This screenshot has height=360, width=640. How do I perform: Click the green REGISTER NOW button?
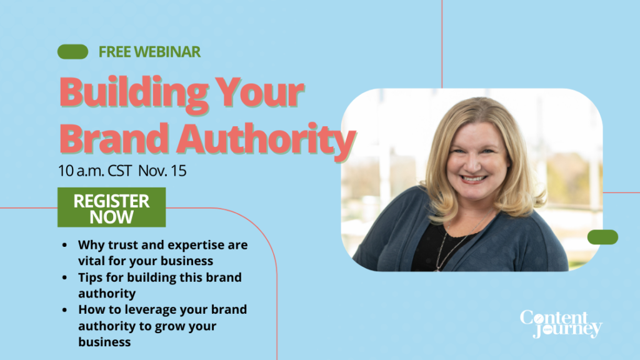[x=111, y=208]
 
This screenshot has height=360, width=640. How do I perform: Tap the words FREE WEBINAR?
[x=149, y=52]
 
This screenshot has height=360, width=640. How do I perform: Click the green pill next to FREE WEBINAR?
[x=72, y=52]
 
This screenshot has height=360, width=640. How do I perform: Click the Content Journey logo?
[x=561, y=324]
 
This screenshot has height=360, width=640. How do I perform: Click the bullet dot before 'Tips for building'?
[x=65, y=277]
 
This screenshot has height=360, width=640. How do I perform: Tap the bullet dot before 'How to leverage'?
[x=65, y=310]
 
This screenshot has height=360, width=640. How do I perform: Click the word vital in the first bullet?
[x=91, y=260]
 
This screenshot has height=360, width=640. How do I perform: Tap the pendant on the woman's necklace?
[x=438, y=266]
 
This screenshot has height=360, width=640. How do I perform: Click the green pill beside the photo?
[x=602, y=237]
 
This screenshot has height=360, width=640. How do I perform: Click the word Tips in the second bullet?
[x=91, y=277]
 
